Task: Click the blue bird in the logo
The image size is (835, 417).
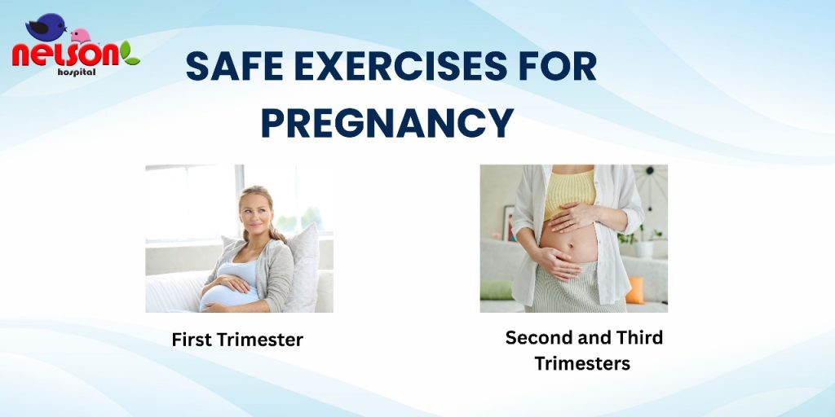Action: point(46,27)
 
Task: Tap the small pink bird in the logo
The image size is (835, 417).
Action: point(81,36)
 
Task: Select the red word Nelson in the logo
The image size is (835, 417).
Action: point(65,55)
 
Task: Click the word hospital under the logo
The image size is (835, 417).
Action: point(77,72)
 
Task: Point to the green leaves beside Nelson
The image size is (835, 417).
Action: point(130,54)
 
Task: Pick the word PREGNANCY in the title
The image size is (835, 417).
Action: point(387,123)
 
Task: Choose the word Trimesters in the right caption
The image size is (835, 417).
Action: point(582,364)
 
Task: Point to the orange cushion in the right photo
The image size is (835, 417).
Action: point(634,289)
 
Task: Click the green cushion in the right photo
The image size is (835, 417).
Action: point(496,290)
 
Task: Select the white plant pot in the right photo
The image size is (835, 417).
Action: point(646,249)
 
